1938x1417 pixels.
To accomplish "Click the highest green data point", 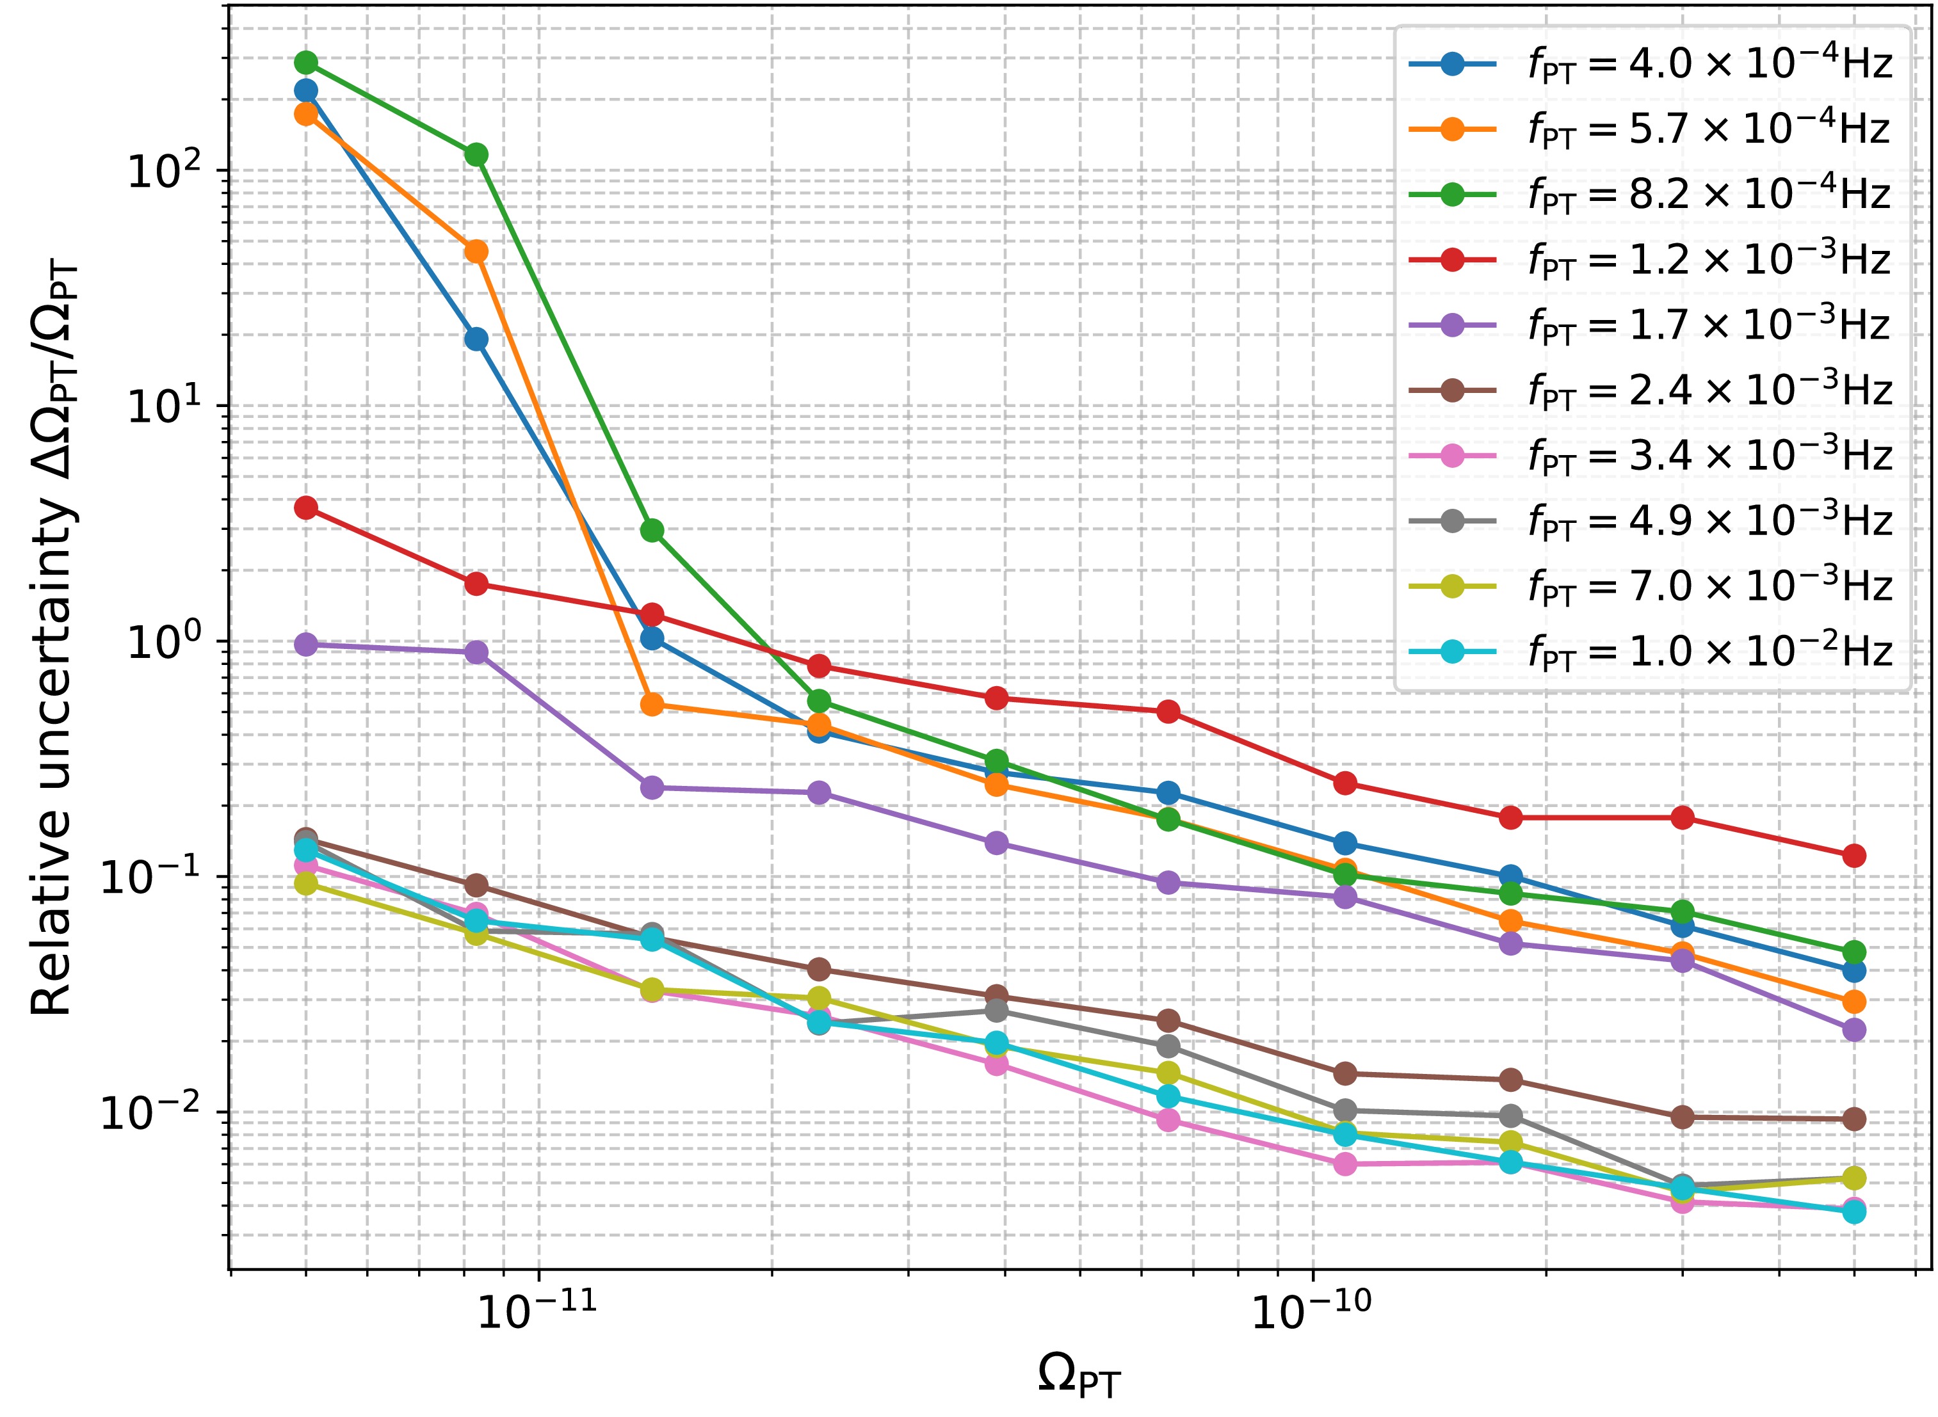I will [x=305, y=63].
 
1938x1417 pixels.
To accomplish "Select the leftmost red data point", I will [x=305, y=508].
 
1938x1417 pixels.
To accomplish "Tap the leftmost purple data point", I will [x=305, y=644].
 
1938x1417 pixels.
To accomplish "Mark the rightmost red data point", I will [x=1854, y=855].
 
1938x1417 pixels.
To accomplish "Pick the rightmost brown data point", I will [x=1854, y=1119].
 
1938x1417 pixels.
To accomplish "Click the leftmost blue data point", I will [x=305, y=90].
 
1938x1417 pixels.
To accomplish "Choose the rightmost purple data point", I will [x=1854, y=1029].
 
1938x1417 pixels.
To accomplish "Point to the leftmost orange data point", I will [x=305, y=113].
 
